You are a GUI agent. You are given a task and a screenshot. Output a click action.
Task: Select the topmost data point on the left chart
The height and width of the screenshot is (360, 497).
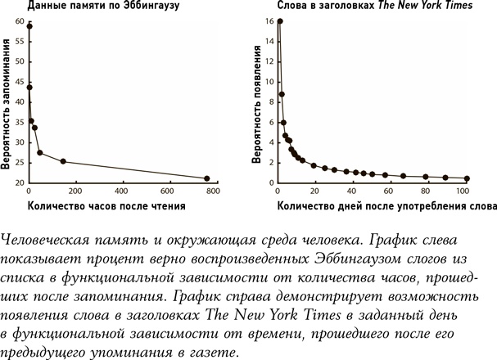pyautogui.click(x=29, y=26)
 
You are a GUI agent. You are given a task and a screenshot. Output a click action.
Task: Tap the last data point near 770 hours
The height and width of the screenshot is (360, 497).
pyautogui.click(x=206, y=178)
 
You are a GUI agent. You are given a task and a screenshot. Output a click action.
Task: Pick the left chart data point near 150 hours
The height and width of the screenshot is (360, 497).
pyautogui.click(x=63, y=161)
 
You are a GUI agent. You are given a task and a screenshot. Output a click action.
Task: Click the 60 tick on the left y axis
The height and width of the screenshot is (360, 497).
pyautogui.click(x=19, y=20)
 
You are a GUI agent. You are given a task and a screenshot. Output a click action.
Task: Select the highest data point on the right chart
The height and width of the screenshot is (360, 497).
pyautogui.click(x=280, y=21)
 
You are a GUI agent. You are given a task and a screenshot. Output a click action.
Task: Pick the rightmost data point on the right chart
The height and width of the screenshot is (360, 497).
pyautogui.click(x=467, y=178)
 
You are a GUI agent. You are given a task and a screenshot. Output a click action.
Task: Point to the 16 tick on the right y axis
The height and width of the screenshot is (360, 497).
pyautogui.click(x=267, y=21)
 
